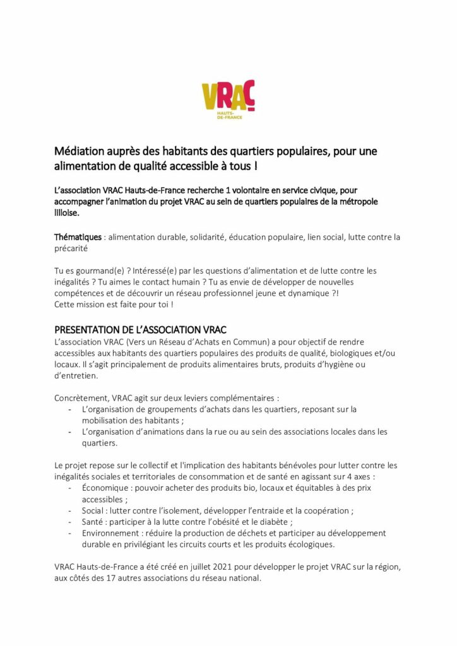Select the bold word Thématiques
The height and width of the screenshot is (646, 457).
[x=78, y=237]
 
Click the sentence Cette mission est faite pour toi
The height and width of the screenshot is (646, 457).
[x=112, y=304]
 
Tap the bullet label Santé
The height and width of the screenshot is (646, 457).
[x=93, y=522]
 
